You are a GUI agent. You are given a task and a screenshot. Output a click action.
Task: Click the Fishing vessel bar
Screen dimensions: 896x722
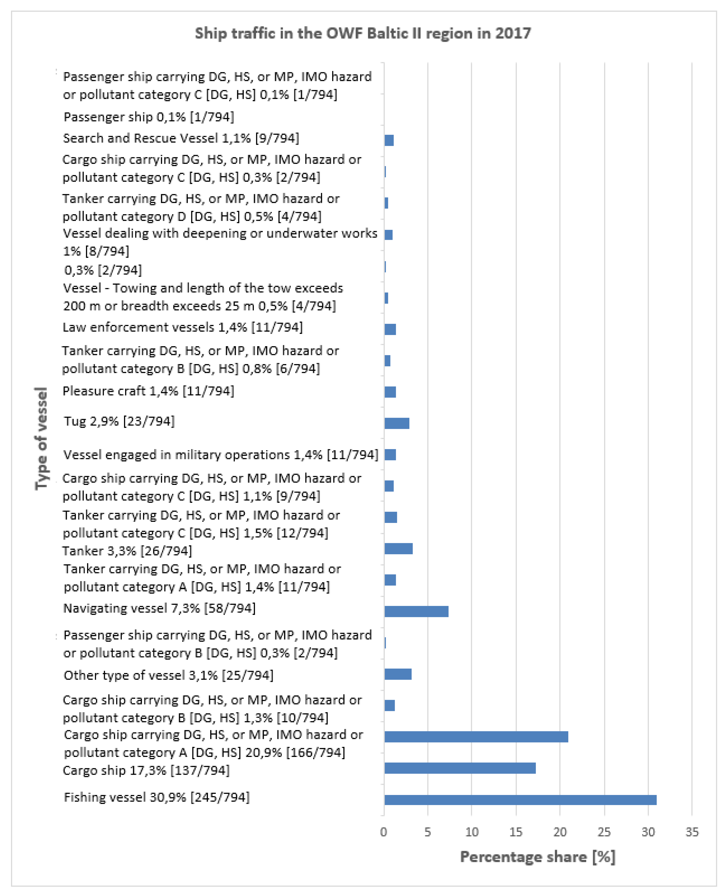[520, 799]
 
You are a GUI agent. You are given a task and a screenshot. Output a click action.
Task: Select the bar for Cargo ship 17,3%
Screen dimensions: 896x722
[460, 768]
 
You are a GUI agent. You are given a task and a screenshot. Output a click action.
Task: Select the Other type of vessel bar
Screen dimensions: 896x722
[398, 674]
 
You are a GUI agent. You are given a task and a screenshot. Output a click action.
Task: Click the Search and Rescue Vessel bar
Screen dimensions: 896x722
[389, 140]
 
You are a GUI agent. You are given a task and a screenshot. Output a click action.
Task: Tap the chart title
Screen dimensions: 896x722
[363, 33]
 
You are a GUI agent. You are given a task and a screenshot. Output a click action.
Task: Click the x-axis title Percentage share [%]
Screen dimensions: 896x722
[537, 857]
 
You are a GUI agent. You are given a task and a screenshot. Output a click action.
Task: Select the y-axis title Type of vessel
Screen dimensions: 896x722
[41, 438]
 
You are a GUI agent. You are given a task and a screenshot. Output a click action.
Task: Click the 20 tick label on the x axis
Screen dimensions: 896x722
[560, 832]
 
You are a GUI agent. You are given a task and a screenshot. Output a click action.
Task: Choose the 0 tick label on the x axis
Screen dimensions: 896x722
[384, 832]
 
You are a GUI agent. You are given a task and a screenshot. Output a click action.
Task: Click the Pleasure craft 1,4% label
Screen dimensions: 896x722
[148, 391]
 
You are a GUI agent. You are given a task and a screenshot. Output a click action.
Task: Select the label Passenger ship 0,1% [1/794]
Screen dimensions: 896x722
[149, 117]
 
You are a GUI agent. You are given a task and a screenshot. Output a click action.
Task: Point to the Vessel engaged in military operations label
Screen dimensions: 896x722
[220, 455]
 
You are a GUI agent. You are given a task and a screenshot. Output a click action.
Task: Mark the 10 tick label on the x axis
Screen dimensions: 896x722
[472, 832]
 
